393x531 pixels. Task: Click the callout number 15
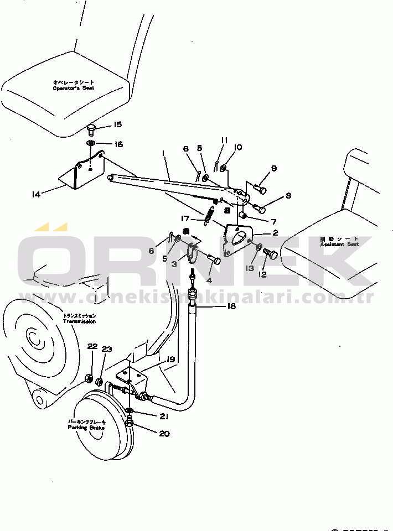tap(117, 125)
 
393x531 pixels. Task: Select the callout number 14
tap(37, 194)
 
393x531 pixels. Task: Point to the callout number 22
tap(92, 346)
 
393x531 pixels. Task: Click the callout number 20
tap(164, 434)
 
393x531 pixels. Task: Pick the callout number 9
tap(273, 168)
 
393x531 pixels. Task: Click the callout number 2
tap(275, 233)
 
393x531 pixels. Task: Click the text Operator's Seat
tap(74, 88)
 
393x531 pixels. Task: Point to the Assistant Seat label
tap(339, 244)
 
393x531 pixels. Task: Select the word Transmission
tap(79, 321)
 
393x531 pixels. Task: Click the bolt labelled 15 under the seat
tap(91, 131)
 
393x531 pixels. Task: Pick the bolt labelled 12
tap(271, 254)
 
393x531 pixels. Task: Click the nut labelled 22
tap(89, 379)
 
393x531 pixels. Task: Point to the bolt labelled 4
tap(214, 259)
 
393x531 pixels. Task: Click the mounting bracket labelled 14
tap(83, 173)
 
